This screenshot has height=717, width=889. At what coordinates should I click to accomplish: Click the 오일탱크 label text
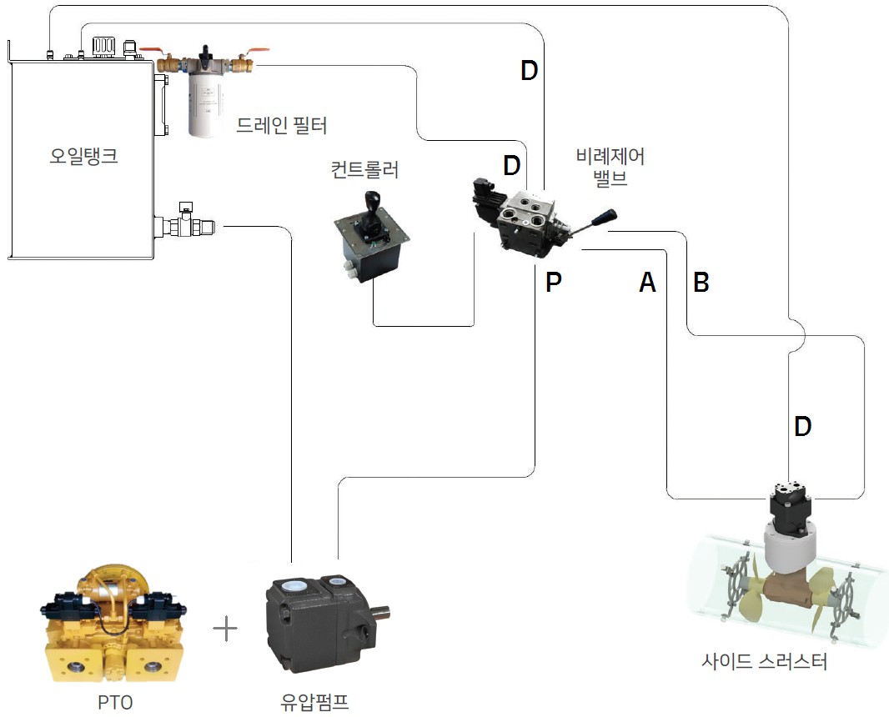tap(83, 155)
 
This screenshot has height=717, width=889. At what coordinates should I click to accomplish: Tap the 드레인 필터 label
tap(282, 126)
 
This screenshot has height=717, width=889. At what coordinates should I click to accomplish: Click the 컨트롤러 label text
tap(364, 171)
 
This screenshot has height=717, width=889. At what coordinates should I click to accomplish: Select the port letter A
tap(647, 283)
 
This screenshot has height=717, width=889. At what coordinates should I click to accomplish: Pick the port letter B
tap(701, 283)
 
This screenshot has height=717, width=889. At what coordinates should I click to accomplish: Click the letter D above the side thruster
tap(802, 427)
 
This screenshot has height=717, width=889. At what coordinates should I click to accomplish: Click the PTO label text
tap(114, 701)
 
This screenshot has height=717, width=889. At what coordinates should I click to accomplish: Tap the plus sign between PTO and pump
tap(225, 628)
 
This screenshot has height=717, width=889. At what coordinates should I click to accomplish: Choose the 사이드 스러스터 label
tap(764, 663)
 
